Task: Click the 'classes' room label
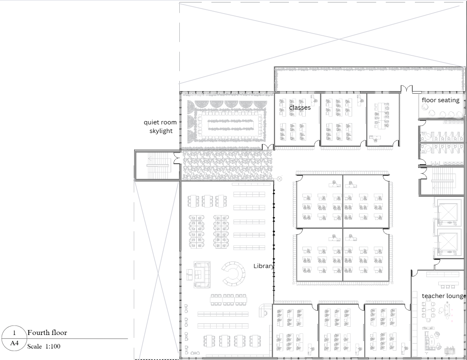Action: (x=300, y=108)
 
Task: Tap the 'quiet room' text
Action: (x=160, y=122)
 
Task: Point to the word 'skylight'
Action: (x=161, y=131)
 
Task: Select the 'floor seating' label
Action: (x=440, y=100)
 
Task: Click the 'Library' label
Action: (x=263, y=266)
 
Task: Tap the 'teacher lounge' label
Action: (x=444, y=296)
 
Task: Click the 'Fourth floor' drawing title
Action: (x=47, y=332)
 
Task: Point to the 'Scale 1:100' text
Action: (x=44, y=346)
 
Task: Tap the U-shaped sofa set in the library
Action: (x=201, y=273)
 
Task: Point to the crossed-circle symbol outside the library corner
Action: (x=280, y=179)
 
